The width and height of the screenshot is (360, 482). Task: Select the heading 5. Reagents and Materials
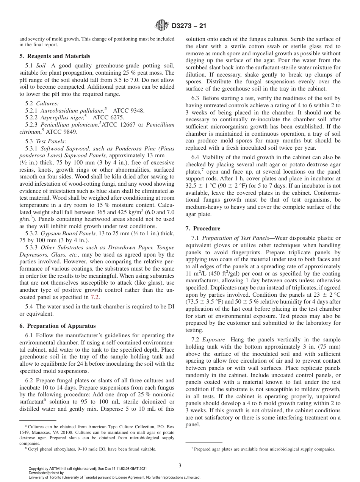click(x=55, y=56)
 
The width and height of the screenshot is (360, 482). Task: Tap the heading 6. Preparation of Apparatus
click(x=57, y=326)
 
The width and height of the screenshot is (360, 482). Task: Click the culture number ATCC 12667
click(x=119, y=125)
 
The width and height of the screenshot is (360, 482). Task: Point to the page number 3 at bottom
click(x=180, y=466)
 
